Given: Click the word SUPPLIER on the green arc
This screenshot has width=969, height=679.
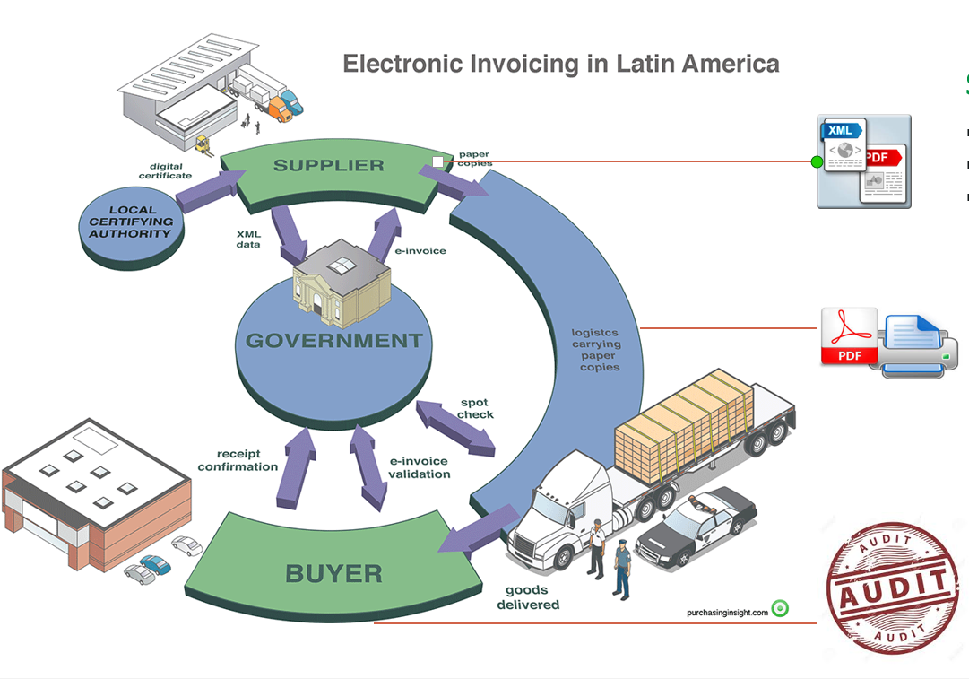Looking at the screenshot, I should click(x=328, y=165).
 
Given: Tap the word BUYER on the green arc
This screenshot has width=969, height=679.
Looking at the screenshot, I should click(x=333, y=573).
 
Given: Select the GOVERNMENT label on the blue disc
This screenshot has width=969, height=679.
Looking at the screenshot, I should click(x=333, y=341).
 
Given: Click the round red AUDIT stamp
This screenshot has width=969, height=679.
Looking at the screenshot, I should click(x=891, y=588).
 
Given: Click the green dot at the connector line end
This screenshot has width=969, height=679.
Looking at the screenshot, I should click(x=817, y=162).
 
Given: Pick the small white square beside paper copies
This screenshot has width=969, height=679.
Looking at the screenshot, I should click(x=437, y=161).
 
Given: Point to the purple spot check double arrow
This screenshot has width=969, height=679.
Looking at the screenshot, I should click(x=455, y=428).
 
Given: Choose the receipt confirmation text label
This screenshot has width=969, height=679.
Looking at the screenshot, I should click(x=238, y=460).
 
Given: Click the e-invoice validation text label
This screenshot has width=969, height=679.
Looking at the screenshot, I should click(x=419, y=467).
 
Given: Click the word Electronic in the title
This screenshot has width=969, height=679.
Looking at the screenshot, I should click(x=395, y=64).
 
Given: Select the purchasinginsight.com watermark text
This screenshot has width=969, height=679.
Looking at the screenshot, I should click(x=727, y=612).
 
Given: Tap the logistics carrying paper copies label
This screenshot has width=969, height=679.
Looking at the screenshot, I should click(x=596, y=350).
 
